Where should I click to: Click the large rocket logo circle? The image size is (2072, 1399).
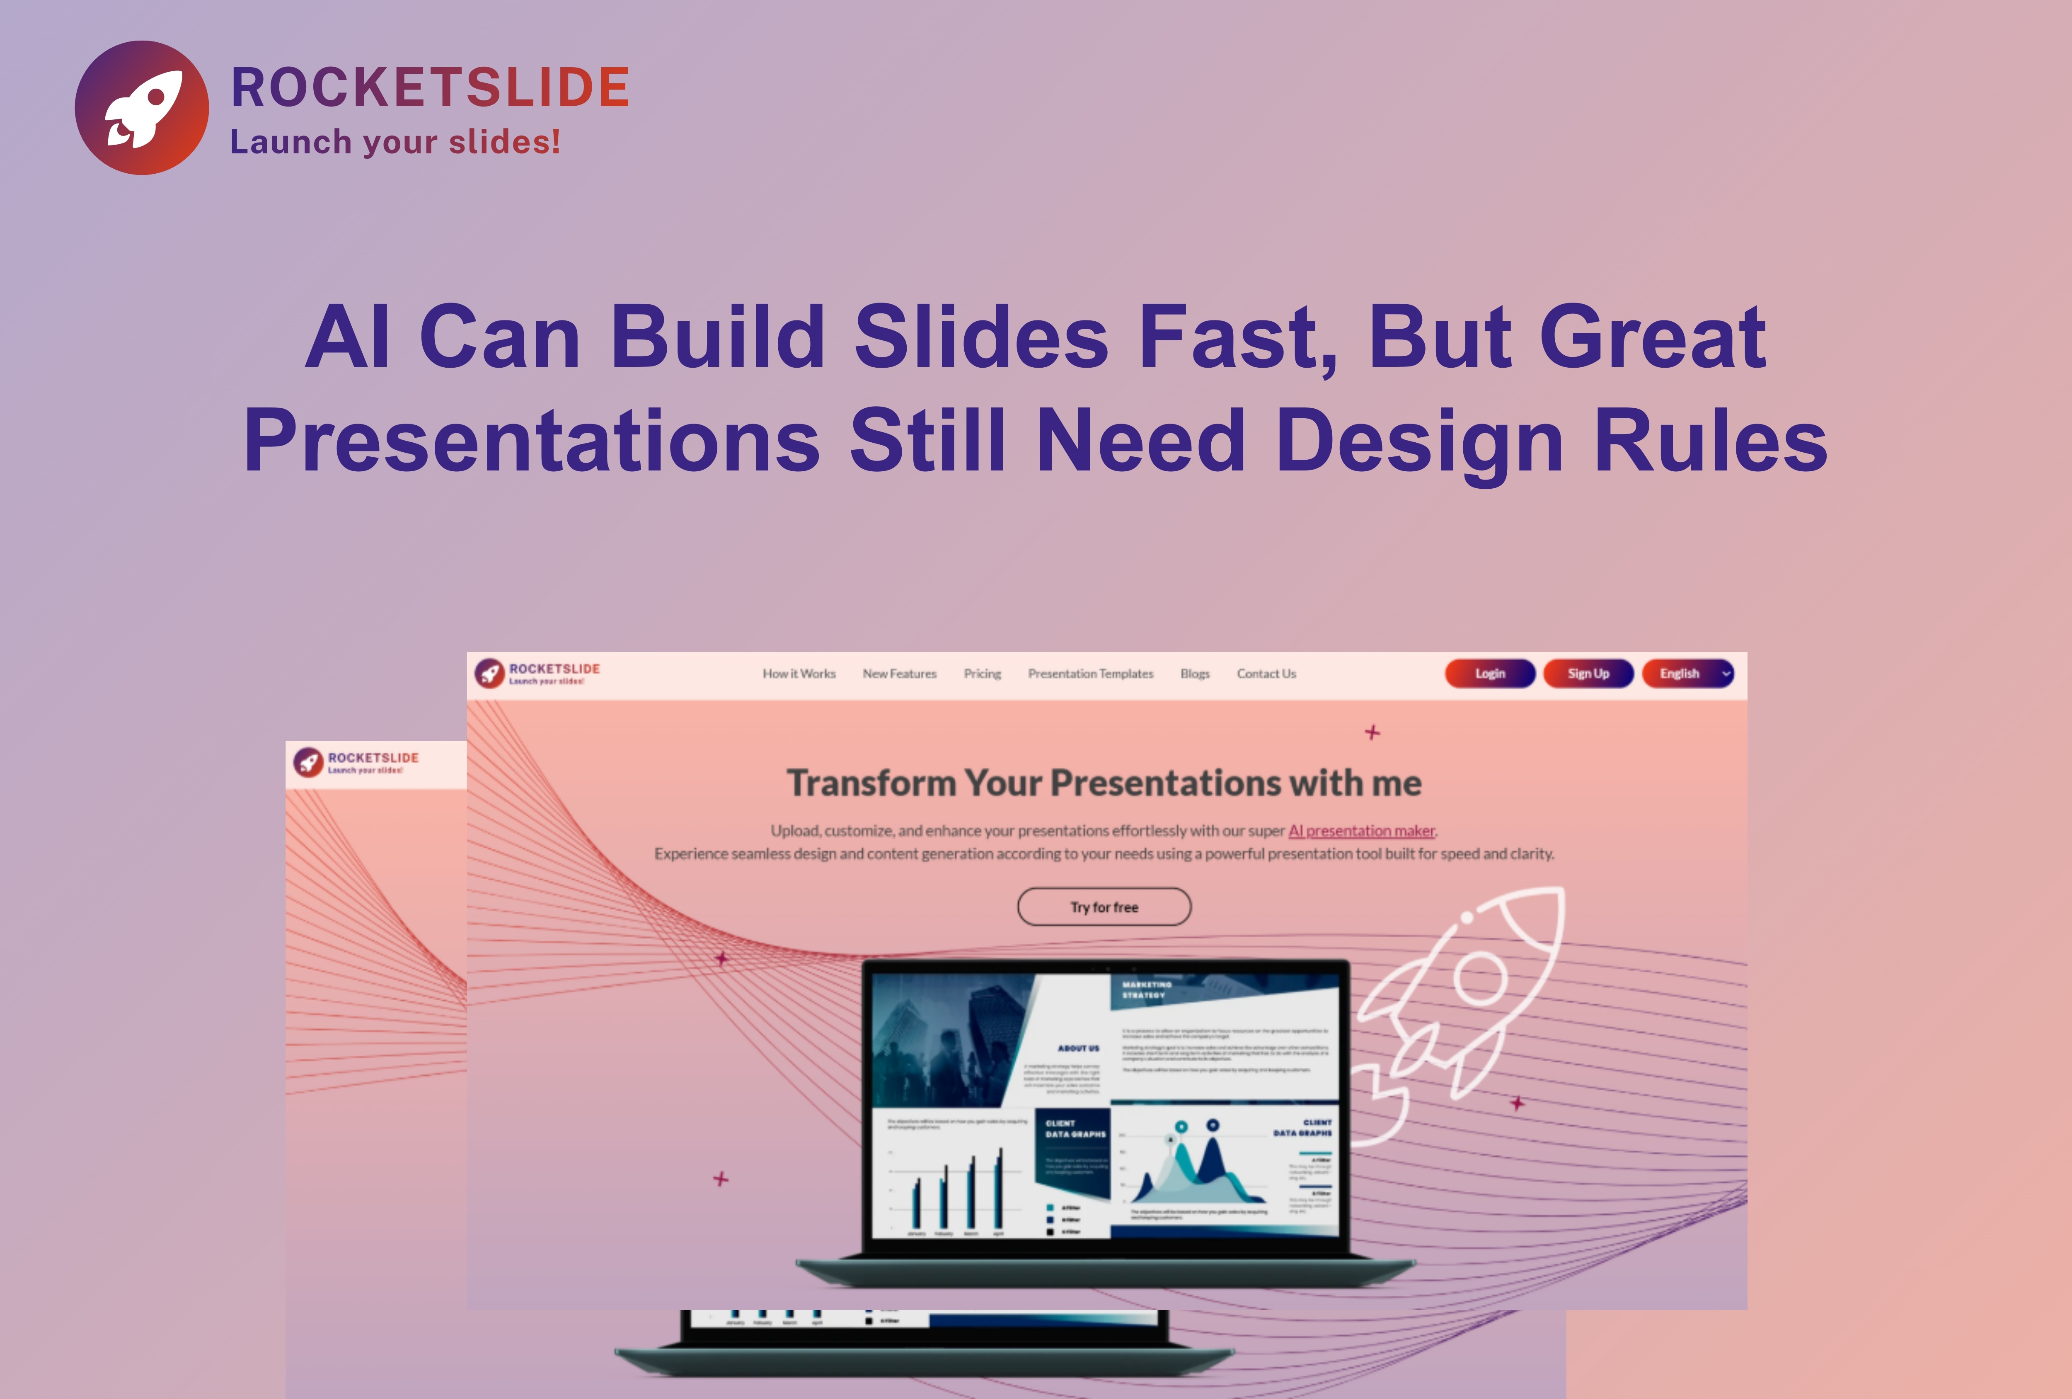tap(142, 108)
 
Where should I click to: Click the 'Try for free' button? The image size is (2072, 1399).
tap(1104, 907)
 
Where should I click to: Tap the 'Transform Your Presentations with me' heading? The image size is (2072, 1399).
tap(1104, 783)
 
